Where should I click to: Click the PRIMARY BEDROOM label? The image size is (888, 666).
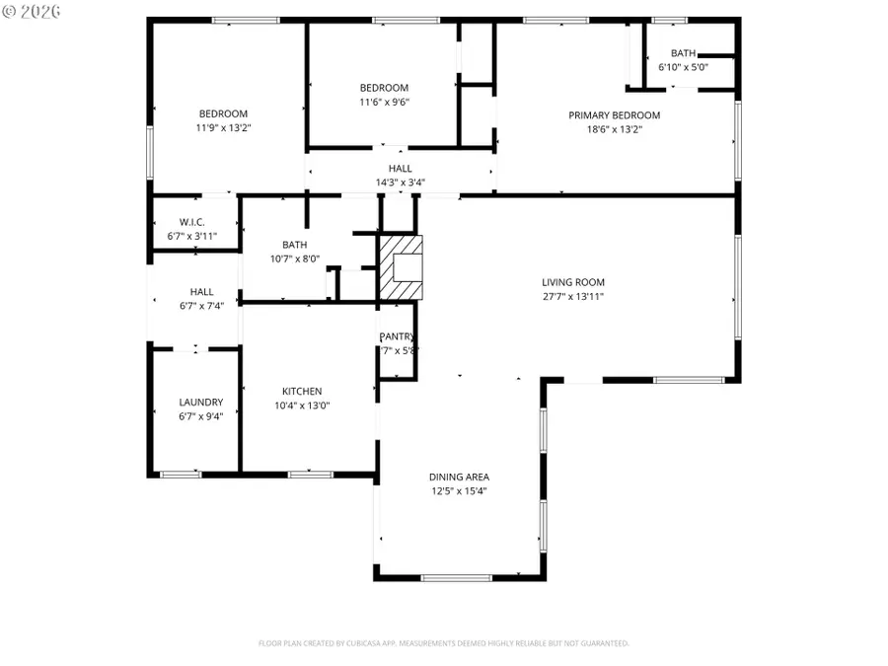614,115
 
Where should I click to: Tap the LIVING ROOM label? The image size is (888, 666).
572,282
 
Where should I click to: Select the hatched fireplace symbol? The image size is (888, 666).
400,267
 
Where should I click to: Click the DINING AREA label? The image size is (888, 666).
459,477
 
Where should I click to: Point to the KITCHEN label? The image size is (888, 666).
302,392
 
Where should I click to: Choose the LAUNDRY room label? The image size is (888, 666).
200,403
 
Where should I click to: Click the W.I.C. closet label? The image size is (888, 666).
191,222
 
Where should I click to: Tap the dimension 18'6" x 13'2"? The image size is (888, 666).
614,129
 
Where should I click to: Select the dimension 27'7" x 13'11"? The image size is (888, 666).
572,296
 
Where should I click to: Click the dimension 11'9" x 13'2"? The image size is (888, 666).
223,127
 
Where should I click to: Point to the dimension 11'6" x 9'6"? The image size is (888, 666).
384,102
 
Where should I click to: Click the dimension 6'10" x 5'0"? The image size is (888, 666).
682,68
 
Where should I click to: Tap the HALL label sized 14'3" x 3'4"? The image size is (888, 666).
400,169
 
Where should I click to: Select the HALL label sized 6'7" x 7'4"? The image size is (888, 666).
201,292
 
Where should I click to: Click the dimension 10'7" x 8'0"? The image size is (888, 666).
294,259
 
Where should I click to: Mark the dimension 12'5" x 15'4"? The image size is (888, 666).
459,490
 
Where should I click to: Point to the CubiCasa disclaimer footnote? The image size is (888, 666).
443,643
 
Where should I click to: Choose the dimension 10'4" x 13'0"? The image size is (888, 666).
302,406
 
